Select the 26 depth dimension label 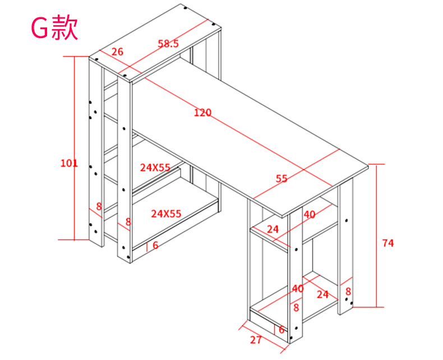point(117,52)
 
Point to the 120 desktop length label point(202,113)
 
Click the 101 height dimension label point(68,163)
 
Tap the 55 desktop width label point(282,179)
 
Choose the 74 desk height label point(387,243)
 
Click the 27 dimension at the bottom point(256,339)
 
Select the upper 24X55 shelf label point(155,167)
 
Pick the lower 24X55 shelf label point(166,213)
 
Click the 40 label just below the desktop point(310,214)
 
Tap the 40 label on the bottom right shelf point(298,288)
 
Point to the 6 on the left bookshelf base point(155,244)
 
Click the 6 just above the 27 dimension point(281,330)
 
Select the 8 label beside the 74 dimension point(348,291)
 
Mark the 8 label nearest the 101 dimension point(99,206)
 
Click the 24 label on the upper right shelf point(273,229)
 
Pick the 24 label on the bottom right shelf point(322,294)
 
